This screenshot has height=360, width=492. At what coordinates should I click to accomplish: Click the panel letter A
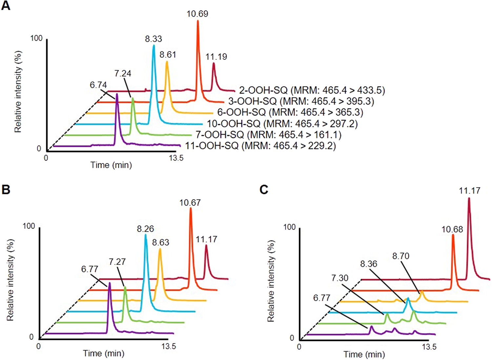[6, 6]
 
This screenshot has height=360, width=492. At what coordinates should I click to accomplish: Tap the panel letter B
[6, 190]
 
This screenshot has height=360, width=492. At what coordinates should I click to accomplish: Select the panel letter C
[264, 190]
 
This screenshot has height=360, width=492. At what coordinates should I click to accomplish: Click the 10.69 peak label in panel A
[197, 14]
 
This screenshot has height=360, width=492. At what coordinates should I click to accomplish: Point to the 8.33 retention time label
[154, 39]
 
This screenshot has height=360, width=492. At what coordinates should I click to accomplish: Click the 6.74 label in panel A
[98, 85]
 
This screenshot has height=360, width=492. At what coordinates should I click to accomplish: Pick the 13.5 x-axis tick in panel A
[176, 158]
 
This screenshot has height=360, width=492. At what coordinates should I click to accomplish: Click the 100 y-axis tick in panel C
[289, 227]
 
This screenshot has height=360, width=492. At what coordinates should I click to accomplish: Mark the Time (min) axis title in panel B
[104, 353]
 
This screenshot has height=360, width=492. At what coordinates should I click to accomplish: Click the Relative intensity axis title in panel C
[271, 281]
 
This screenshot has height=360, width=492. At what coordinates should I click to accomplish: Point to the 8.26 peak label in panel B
[145, 229]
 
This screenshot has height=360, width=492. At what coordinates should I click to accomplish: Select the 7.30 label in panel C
[339, 278]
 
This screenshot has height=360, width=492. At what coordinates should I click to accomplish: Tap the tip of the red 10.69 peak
[198, 21]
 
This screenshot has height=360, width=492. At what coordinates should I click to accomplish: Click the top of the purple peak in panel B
[110, 283]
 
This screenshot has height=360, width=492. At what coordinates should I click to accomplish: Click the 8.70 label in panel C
[401, 256]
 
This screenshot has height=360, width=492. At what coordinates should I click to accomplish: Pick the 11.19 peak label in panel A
[216, 57]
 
